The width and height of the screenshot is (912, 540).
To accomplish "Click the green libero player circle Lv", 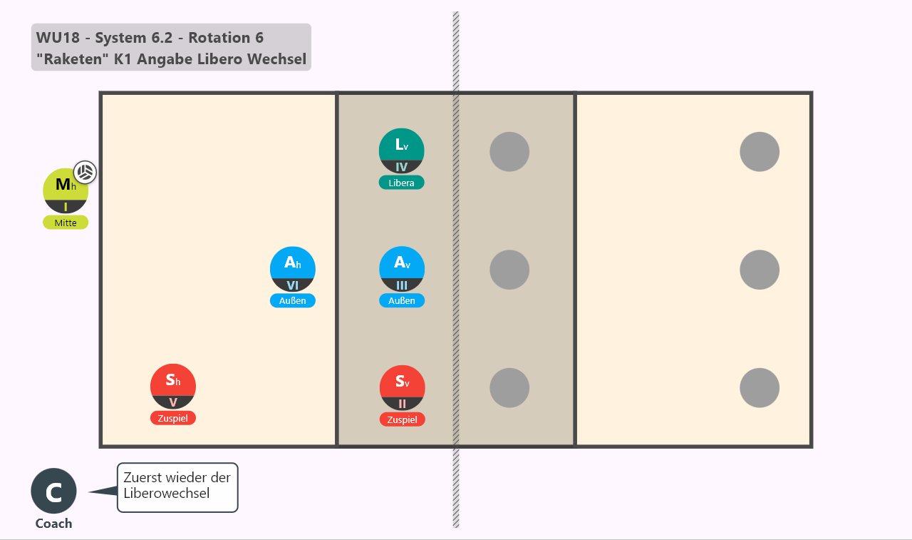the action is point(401,151).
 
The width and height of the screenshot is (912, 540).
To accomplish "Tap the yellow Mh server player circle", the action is point(66,190).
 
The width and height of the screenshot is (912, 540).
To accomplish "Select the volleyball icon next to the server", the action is point(85,172).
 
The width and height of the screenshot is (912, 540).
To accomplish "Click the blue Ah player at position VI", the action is point(293,269).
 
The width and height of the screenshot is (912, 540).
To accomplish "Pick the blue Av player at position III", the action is point(402,269).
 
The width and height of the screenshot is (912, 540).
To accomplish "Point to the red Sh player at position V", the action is point(173,387).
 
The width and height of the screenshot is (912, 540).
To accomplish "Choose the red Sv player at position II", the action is point(403,387).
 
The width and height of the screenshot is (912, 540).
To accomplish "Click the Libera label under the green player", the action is point(401,183).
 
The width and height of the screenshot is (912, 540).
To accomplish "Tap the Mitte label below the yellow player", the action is point(66,223).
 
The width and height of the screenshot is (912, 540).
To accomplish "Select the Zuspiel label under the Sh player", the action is point(173,418).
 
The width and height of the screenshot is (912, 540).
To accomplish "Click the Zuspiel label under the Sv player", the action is point(403,419).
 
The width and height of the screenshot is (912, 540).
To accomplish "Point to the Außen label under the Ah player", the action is point(293,300).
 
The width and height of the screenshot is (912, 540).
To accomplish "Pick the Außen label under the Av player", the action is point(402,300).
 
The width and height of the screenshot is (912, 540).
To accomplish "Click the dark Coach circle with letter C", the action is point(53,491).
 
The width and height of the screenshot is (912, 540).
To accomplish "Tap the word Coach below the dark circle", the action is point(53,524).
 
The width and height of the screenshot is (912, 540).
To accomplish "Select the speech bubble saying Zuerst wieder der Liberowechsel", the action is point(177,487).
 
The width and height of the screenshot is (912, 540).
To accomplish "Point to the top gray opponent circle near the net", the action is point(509,152).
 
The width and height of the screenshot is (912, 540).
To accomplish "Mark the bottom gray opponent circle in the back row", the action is point(760,387).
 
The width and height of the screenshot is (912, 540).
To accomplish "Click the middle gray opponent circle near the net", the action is point(509,270).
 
